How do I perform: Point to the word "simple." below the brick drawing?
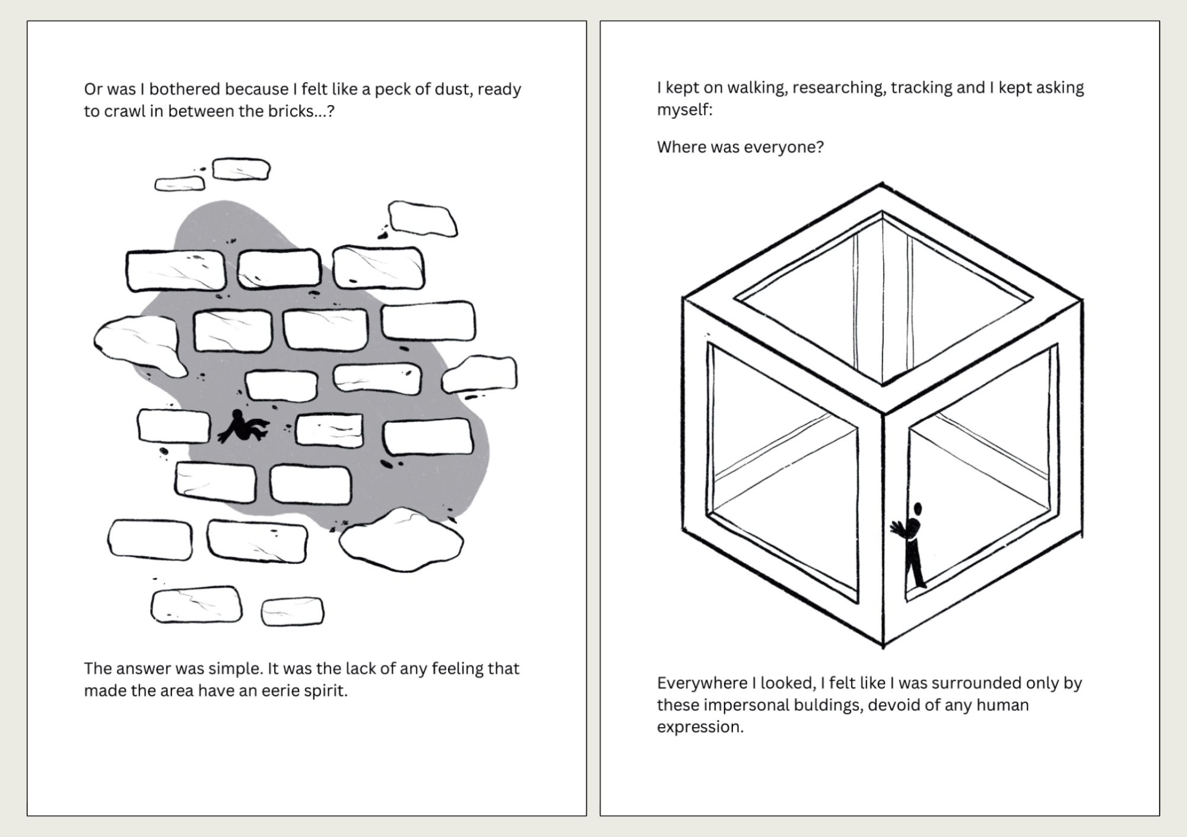[236, 669]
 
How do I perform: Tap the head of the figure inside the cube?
[918, 509]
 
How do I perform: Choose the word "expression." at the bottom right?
[700, 727]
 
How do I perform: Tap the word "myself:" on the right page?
[684, 110]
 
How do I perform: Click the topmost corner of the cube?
[882, 183]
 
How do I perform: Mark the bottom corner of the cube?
[883, 647]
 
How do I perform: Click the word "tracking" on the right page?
[921, 88]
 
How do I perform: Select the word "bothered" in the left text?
[185, 89]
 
